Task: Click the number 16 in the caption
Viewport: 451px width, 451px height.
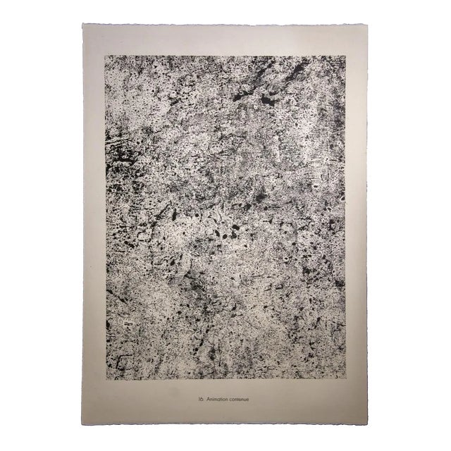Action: click(x=201, y=400)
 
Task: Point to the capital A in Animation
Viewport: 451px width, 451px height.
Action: click(x=209, y=400)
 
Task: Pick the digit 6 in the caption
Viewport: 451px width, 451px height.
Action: click(x=202, y=400)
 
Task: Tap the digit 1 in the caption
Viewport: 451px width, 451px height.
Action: click(x=199, y=400)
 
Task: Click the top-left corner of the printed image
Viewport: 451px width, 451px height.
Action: click(x=106, y=56)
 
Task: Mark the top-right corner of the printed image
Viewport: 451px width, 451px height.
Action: click(x=345, y=56)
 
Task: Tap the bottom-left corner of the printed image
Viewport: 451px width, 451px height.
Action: click(x=106, y=379)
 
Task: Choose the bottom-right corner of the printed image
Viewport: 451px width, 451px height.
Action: click(x=345, y=379)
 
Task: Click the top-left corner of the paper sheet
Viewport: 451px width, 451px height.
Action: click(x=82, y=24)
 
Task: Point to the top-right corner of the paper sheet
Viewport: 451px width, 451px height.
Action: click(x=367, y=24)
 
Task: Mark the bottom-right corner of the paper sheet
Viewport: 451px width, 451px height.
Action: click(x=368, y=424)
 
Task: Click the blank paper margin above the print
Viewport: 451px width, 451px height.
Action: click(x=225, y=40)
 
